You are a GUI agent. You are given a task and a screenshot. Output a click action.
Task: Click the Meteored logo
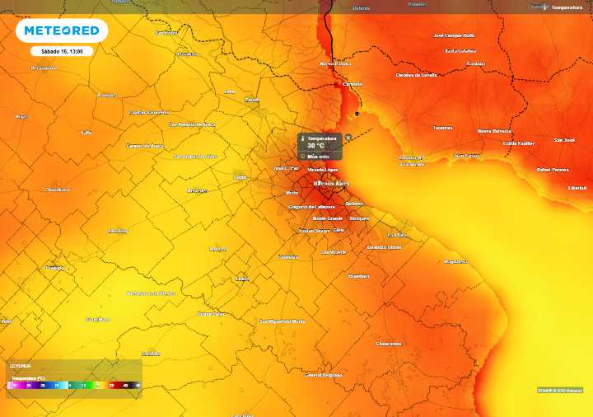tap(62, 30)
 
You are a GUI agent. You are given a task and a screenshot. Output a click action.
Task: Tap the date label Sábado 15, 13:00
tap(62, 51)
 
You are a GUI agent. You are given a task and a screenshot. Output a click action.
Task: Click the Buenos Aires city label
tap(331, 183)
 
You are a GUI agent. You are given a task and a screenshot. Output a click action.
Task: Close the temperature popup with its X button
tap(348, 138)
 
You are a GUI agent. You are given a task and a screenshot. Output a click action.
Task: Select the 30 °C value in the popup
tap(316, 145)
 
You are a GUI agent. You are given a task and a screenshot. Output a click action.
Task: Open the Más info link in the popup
tap(318, 155)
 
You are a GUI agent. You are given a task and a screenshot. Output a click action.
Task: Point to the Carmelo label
tap(353, 83)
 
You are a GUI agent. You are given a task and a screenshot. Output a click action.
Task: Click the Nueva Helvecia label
tap(494, 131)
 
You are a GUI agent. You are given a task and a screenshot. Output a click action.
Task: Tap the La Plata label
tap(397, 234)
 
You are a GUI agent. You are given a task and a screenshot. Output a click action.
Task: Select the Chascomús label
tap(388, 343)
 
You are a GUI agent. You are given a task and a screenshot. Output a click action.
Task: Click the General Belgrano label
tap(323, 374)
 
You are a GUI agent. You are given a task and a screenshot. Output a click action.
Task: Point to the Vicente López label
tap(322, 169)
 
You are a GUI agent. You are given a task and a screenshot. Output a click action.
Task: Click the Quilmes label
tap(354, 203)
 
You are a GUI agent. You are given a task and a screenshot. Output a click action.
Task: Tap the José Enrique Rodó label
tap(455, 35)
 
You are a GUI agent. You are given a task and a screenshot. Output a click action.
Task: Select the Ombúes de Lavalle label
tap(416, 75)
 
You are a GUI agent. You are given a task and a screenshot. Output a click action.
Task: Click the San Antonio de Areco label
tap(191, 124)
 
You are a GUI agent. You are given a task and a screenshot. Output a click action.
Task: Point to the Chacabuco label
tap(57, 190)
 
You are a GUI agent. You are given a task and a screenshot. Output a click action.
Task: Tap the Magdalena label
tap(455, 261)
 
